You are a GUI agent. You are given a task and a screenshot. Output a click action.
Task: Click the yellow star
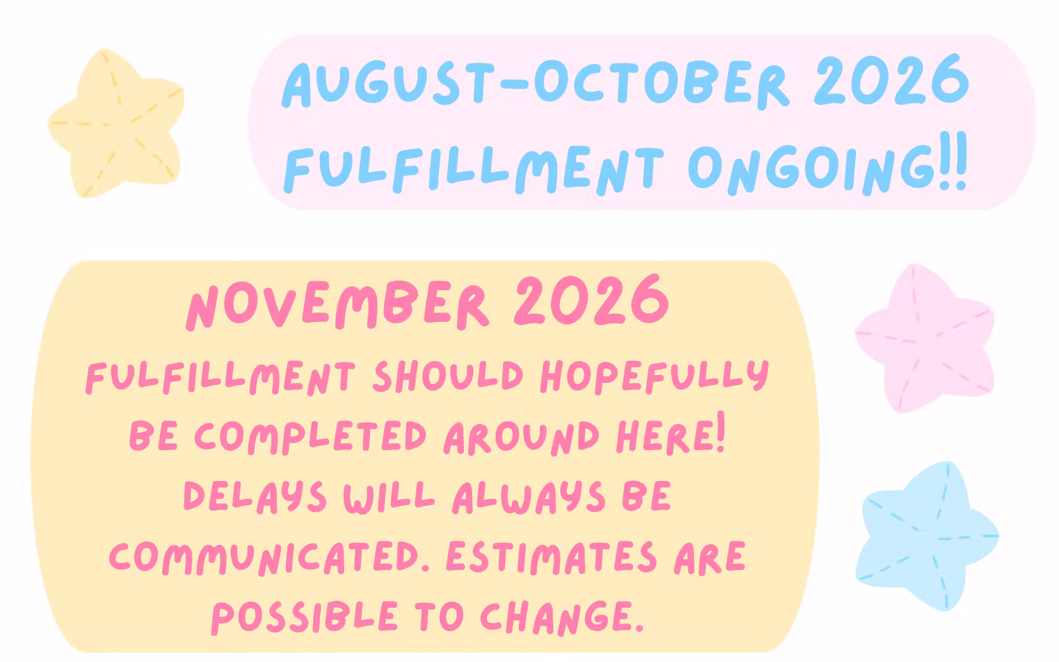click(116, 124)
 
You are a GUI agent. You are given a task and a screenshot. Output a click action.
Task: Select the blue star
click(927, 535)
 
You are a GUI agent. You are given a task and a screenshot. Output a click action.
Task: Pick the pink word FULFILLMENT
click(220, 378)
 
